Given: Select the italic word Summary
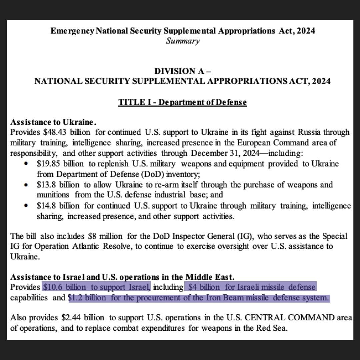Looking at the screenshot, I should point(183,41).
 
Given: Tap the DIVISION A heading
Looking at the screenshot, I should point(182,71).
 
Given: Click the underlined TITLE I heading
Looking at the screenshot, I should point(182,102).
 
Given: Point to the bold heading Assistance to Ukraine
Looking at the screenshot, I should point(54,122).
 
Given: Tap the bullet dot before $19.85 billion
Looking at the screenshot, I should point(26,164).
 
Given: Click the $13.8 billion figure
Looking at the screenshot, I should point(58,185).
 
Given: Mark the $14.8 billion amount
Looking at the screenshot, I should point(58,206).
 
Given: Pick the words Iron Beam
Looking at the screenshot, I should point(224,298).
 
